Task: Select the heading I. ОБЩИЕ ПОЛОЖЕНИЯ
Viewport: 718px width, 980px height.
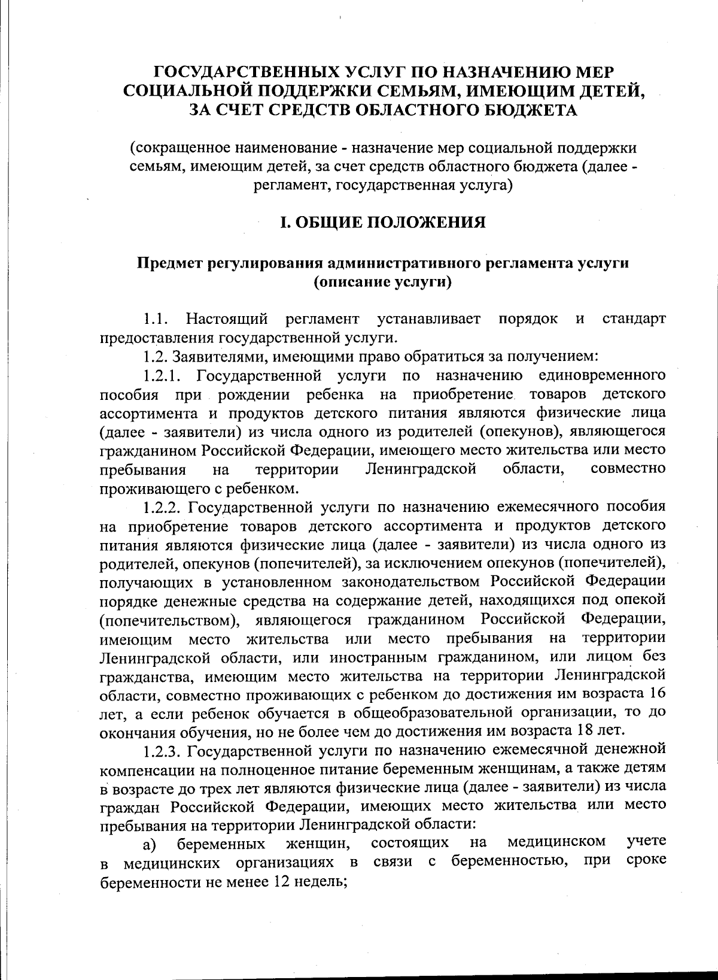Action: (383, 223)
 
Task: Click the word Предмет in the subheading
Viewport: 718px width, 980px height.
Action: (170, 263)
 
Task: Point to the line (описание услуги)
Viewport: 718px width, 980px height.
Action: (382, 282)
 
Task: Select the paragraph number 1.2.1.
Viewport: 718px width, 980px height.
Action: (161, 376)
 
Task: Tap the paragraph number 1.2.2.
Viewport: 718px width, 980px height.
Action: (161, 507)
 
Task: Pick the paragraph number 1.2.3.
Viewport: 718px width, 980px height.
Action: (161, 750)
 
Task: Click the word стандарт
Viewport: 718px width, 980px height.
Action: (634, 318)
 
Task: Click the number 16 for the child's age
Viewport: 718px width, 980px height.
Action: (656, 694)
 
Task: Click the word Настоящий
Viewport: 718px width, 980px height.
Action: (227, 318)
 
